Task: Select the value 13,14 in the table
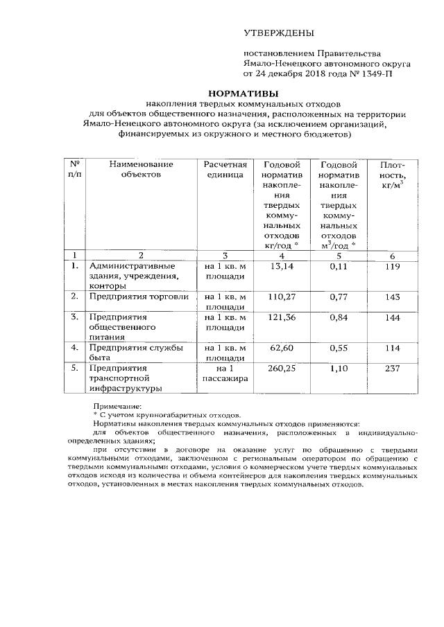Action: pos(282,265)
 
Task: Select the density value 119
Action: pos(392,265)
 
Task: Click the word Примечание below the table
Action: pos(117,406)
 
